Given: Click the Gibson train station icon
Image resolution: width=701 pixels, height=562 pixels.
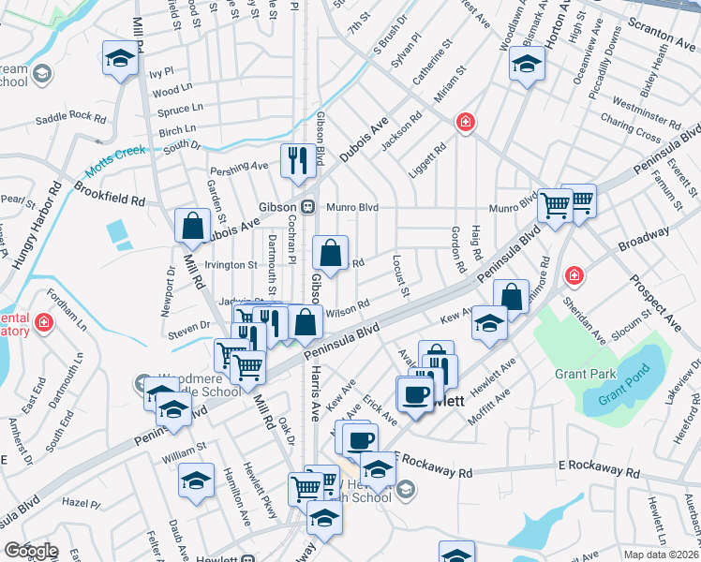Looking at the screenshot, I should [306, 206].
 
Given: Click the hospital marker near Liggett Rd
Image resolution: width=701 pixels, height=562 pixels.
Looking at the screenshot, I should [464, 122].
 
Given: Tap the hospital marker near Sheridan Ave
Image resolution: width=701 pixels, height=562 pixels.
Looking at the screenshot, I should [573, 276].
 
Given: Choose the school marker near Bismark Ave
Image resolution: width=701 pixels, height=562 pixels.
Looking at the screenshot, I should [527, 65].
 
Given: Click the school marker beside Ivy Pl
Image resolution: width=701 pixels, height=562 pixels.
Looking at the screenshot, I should [119, 59].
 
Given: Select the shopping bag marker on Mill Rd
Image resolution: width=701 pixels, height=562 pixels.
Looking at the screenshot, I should [192, 225].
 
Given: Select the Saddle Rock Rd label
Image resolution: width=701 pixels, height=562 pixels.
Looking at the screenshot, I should [70, 117].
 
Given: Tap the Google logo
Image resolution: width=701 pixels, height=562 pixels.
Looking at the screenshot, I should [31, 551].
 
